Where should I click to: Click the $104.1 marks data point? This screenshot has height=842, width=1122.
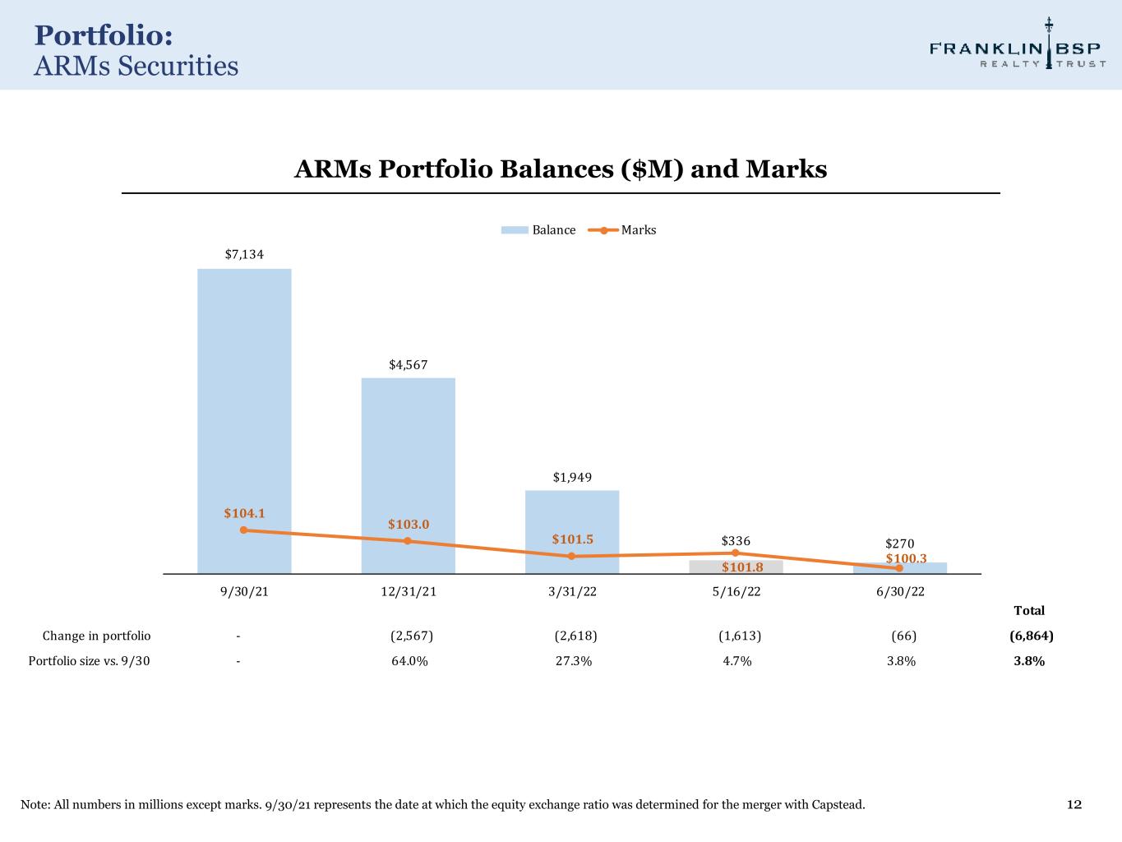[x=243, y=530]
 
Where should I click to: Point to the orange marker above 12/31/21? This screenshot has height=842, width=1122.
[x=408, y=541]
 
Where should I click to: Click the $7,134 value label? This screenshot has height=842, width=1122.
[x=244, y=254]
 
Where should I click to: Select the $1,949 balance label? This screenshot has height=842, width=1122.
[x=572, y=477]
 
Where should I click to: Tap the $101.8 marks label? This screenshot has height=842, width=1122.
[x=742, y=567]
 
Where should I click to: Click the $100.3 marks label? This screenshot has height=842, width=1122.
[x=906, y=558]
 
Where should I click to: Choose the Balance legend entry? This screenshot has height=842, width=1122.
[x=538, y=230]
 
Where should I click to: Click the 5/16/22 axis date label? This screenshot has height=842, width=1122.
[x=736, y=592]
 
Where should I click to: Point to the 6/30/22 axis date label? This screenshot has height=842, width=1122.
[x=900, y=592]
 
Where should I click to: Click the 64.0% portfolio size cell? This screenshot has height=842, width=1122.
[x=409, y=661]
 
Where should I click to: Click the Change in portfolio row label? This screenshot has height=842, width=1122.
[x=96, y=636]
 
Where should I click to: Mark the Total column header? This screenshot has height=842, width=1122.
[x=1029, y=610]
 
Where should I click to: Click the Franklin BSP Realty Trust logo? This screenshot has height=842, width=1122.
[x=1018, y=49]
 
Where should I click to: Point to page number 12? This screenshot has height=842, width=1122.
[x=1074, y=804]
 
